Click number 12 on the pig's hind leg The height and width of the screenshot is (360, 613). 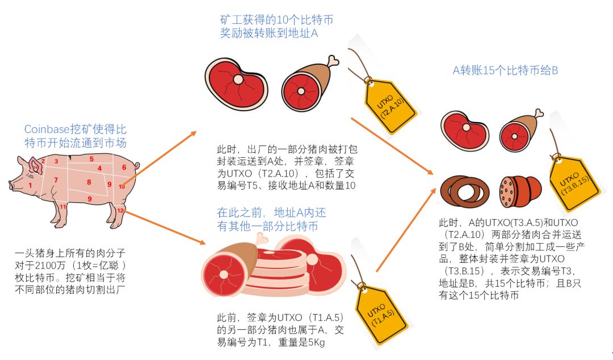pos(120,211)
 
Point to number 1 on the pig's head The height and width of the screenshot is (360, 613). pos(30,185)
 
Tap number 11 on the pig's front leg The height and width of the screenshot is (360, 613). pos(63,207)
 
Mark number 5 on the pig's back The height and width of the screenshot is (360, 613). pos(91,160)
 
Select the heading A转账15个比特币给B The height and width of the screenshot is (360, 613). pos(505,70)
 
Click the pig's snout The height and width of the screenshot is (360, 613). pos(11,185)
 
